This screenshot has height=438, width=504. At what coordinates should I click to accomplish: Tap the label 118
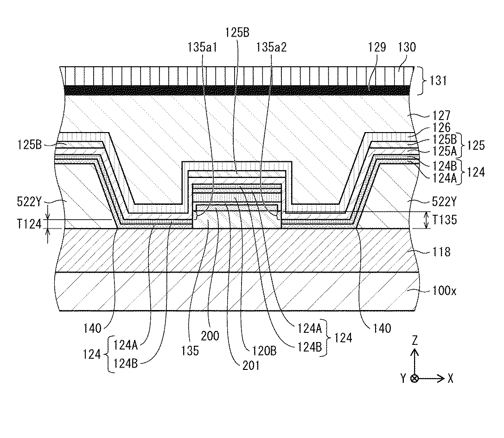(x=440, y=252)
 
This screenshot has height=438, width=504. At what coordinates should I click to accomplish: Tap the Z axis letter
(x=415, y=341)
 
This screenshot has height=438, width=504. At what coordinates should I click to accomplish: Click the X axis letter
(x=450, y=378)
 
